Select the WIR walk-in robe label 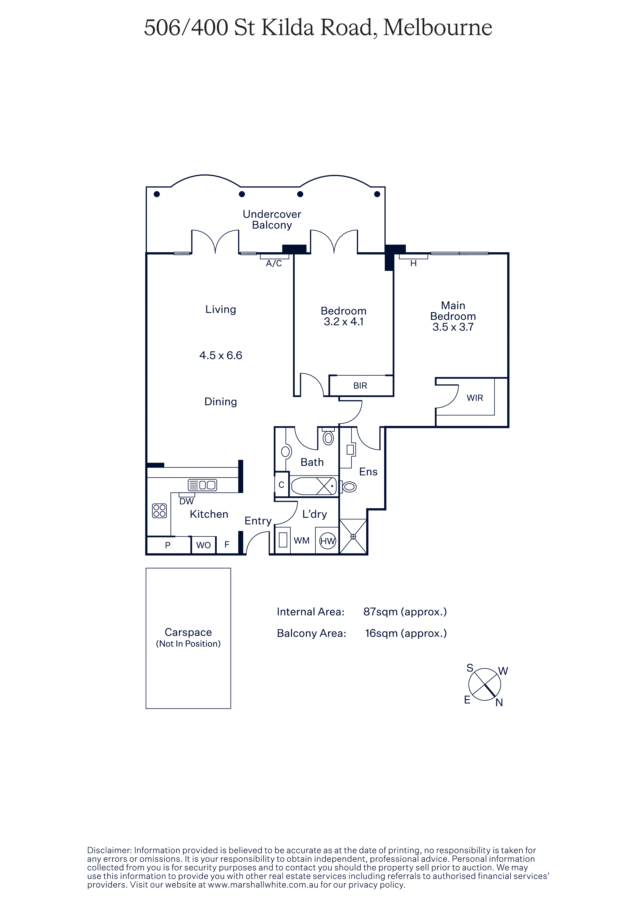[x=475, y=398]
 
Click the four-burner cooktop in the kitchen [x=159, y=511]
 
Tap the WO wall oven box [x=203, y=545]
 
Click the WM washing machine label [x=302, y=541]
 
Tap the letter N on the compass [x=499, y=702]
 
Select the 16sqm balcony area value [x=406, y=633]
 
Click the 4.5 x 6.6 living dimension [x=221, y=355]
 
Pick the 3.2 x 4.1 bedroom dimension [x=343, y=322]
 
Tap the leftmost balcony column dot [x=156, y=194]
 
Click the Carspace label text [x=188, y=632]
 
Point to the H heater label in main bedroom [x=413, y=263]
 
